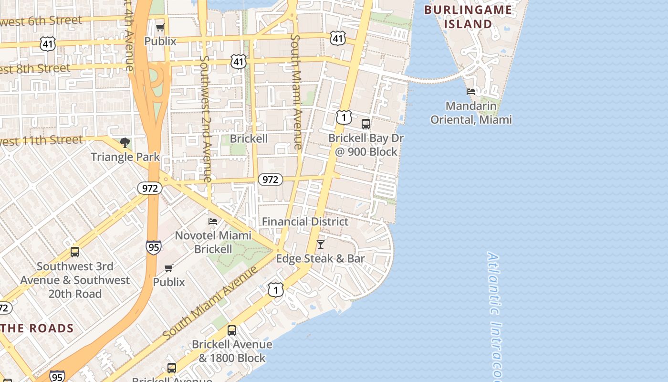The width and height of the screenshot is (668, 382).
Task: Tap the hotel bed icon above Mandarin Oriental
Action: click(471, 91)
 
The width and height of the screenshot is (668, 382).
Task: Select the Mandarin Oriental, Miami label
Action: click(471, 113)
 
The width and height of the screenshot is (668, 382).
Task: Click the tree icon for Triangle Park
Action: click(125, 142)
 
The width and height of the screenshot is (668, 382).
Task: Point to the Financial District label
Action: click(305, 222)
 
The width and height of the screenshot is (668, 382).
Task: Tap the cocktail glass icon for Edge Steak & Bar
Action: click(321, 244)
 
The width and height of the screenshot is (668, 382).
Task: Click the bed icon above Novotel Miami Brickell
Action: click(213, 222)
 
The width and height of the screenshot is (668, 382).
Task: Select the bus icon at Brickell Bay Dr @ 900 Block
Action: click(366, 124)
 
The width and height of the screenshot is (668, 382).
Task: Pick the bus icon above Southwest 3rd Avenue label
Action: click(75, 252)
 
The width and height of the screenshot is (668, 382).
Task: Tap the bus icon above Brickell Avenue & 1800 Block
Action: click(232, 330)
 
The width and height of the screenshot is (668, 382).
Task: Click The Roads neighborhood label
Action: click(37, 328)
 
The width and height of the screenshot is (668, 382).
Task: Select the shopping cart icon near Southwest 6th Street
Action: click(160, 27)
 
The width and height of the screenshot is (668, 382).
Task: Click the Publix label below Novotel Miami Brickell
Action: click(169, 282)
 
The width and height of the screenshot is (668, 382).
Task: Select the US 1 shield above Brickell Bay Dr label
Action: click(344, 117)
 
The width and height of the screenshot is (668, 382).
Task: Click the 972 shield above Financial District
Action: click(271, 180)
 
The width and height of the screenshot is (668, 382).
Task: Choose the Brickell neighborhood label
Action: click(249, 138)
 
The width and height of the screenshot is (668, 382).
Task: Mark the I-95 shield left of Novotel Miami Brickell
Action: click(153, 247)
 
